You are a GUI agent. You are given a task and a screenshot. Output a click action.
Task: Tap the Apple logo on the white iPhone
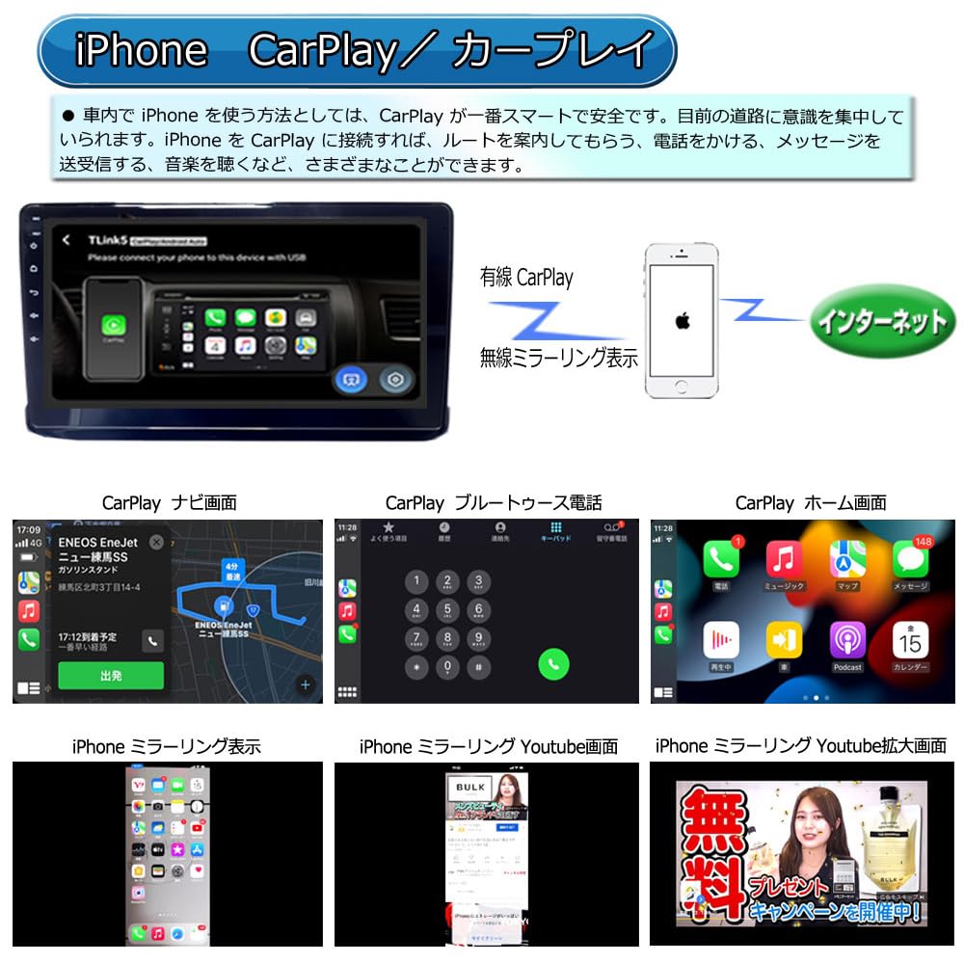pos(683,317)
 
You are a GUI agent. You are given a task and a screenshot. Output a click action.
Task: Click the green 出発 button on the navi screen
pos(111,676)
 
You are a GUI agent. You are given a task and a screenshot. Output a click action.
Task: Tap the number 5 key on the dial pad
pos(446,609)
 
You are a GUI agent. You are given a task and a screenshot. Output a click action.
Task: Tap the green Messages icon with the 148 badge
pos(910,559)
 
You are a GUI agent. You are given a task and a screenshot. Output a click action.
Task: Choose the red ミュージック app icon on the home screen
pos(784,559)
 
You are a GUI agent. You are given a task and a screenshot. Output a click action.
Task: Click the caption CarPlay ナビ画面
pos(169,502)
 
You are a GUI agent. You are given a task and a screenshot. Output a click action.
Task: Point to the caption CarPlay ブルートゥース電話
pos(493,502)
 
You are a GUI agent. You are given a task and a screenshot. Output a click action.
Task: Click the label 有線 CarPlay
pos(526,279)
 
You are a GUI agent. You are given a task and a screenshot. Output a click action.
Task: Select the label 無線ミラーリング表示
pos(559,359)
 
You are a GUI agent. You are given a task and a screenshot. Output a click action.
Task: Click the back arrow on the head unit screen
pos(66,240)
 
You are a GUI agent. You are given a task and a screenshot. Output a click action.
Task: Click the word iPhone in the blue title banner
pos(141,49)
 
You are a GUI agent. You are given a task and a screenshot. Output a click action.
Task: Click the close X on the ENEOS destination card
pos(156,542)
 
